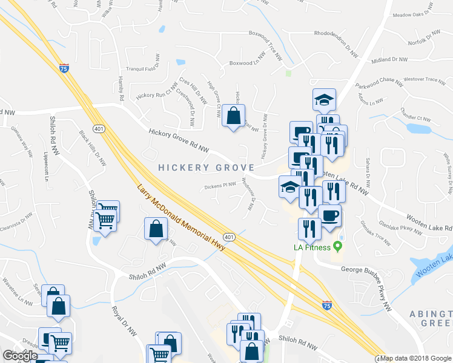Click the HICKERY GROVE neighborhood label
click(208, 167)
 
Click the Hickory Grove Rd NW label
click(179, 140)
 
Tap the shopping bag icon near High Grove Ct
click(233, 115)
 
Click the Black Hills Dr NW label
click(93, 148)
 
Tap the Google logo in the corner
click(20, 356)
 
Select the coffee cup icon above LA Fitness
click(329, 216)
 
